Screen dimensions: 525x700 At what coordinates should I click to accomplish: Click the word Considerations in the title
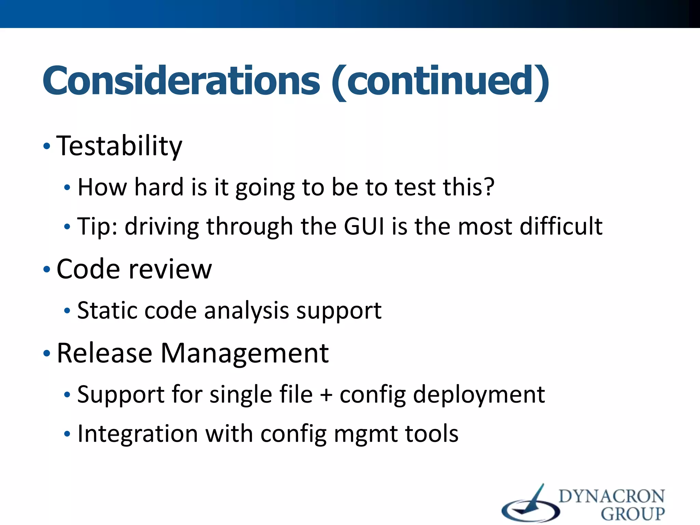tap(181, 81)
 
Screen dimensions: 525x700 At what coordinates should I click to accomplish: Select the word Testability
tap(119, 146)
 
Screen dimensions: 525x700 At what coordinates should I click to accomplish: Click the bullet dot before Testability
tap(47, 147)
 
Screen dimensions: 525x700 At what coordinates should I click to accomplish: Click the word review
tap(170, 269)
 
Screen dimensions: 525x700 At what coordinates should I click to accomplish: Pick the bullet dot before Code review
tap(47, 270)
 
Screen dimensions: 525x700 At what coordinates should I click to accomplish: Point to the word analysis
tap(246, 311)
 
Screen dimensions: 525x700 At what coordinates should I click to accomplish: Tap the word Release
tap(104, 353)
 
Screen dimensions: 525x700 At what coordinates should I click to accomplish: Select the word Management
tap(244, 353)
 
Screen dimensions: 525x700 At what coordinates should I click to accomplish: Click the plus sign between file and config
tap(326, 395)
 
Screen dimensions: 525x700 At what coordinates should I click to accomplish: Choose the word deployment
tap(479, 395)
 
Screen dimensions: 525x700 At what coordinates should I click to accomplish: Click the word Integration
tap(137, 434)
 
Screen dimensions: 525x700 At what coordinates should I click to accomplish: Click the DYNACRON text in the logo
tap(611, 496)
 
